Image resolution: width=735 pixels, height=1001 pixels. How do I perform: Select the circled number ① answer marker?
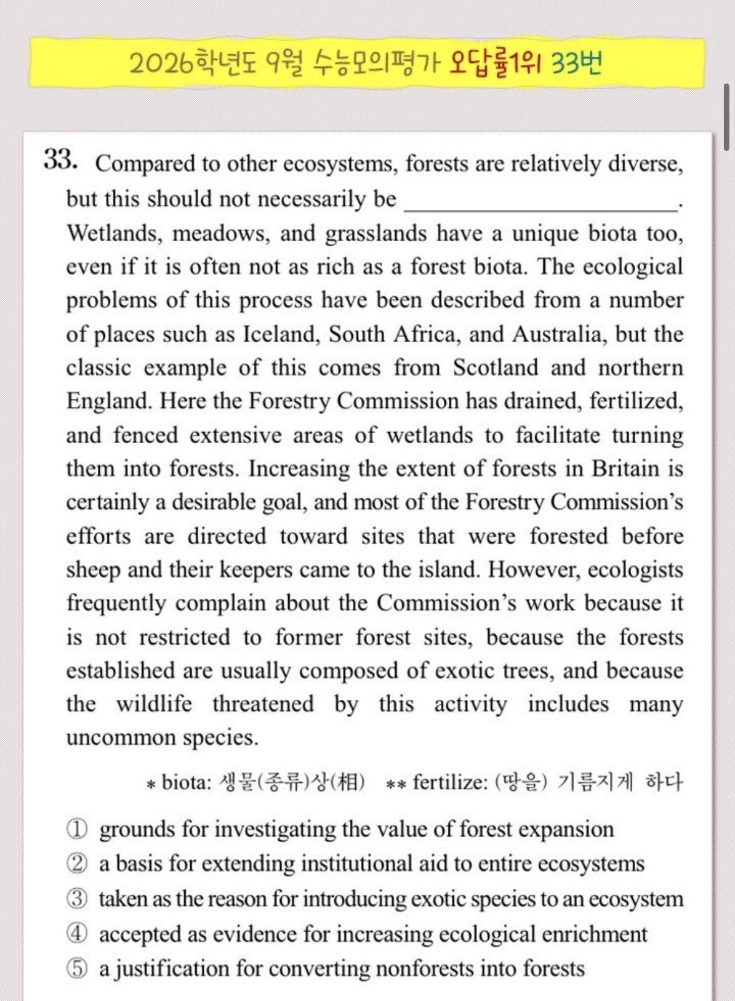77,829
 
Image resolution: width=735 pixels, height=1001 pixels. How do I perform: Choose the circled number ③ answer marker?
77,899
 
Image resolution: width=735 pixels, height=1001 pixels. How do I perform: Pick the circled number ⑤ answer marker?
77,969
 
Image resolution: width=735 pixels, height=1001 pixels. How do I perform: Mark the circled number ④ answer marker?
77,934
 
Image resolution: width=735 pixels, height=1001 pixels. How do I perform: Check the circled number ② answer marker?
77,864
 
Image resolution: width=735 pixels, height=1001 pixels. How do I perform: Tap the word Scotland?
495,368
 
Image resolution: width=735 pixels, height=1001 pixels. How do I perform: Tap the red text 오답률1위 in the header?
496,63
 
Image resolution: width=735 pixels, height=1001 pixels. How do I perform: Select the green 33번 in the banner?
577,63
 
